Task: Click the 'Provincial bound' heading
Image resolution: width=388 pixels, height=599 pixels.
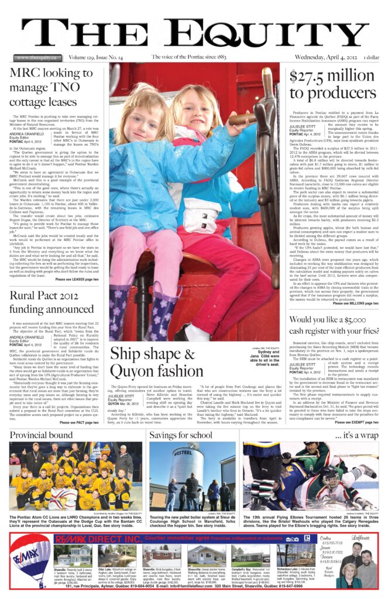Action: [x=41, y=435]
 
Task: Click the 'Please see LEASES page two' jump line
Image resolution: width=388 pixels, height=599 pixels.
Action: [x=77, y=280]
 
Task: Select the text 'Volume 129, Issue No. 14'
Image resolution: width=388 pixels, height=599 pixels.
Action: [x=95, y=57]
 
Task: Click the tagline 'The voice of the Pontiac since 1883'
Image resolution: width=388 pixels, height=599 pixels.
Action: [x=188, y=57]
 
